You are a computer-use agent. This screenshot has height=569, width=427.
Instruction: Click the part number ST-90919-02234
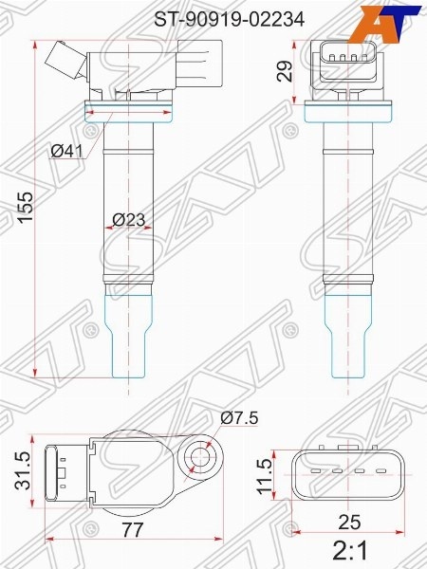coord(229,19)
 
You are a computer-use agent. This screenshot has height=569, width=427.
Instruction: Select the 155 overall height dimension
coord(26,207)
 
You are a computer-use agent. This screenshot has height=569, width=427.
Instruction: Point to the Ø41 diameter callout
coord(66,151)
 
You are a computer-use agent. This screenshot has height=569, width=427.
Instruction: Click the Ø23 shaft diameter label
coord(128,220)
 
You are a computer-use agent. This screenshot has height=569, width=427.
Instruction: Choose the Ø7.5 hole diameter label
coord(239,418)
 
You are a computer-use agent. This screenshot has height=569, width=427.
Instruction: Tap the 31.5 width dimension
coord(24,470)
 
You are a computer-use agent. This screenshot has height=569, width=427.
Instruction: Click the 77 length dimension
coord(132,530)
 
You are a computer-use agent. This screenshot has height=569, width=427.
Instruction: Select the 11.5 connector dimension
coord(264,476)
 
